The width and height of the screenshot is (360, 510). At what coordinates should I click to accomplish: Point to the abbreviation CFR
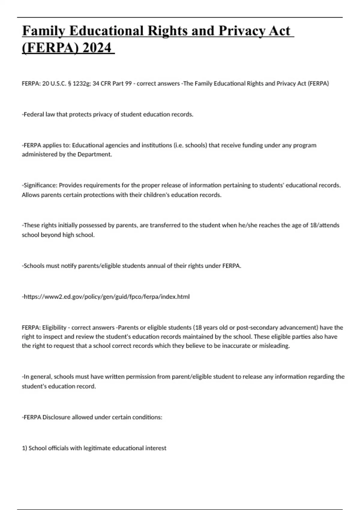click(106, 84)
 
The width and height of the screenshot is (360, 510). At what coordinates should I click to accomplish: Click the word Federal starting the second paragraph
click(34, 115)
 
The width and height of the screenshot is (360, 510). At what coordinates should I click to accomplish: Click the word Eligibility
click(54, 328)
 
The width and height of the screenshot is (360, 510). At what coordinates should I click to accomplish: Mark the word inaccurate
click(236, 346)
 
